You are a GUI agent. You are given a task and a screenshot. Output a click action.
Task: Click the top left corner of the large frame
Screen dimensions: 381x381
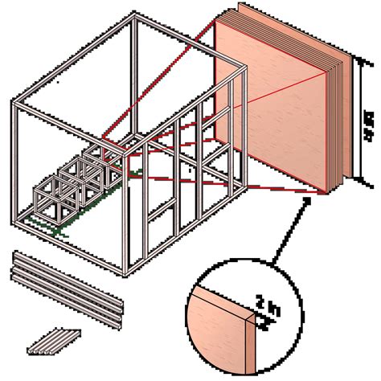[x=14, y=101]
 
